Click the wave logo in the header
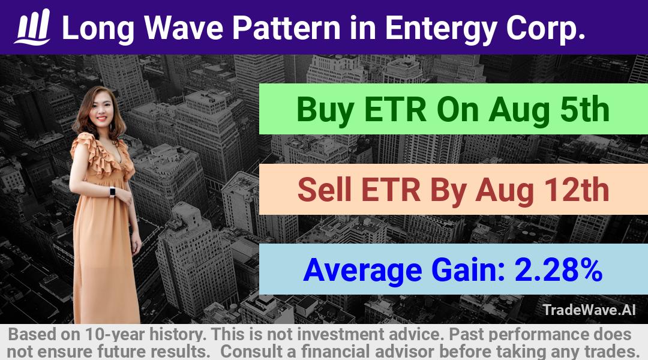coord(32,27)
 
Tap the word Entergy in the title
coord(441,29)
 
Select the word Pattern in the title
coord(286,28)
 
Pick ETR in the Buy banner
coord(395,110)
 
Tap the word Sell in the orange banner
coord(325,190)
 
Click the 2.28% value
coord(559,269)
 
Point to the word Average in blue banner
coord(362,271)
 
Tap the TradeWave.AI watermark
coord(589,310)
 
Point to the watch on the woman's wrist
coord(112,192)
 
